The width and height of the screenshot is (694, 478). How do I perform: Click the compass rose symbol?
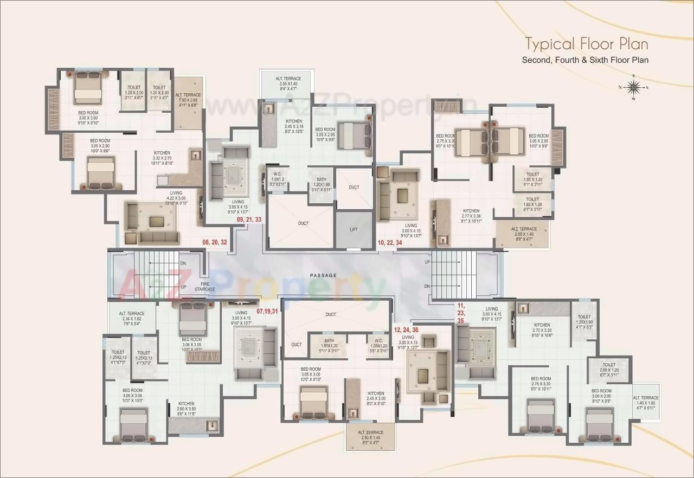[633, 87]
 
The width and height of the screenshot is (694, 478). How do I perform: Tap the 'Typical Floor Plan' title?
[586, 44]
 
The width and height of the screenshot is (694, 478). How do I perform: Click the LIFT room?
[354, 230]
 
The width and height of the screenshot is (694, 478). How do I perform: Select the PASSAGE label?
[323, 275]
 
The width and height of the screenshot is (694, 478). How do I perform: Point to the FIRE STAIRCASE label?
[205, 286]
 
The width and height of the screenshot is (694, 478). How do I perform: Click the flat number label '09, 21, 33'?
[249, 220]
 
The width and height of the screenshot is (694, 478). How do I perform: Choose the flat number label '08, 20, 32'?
[215, 242]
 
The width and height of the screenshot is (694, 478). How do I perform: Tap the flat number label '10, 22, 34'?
[390, 242]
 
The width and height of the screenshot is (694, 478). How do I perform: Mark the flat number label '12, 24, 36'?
[406, 330]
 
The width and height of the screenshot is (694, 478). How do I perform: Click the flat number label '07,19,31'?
[267, 311]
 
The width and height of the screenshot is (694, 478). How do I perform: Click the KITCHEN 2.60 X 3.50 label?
[186, 407]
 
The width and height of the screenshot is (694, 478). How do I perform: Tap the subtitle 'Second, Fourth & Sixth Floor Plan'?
[585, 60]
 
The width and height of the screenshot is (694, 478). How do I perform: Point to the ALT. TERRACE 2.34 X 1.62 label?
[132, 316]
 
